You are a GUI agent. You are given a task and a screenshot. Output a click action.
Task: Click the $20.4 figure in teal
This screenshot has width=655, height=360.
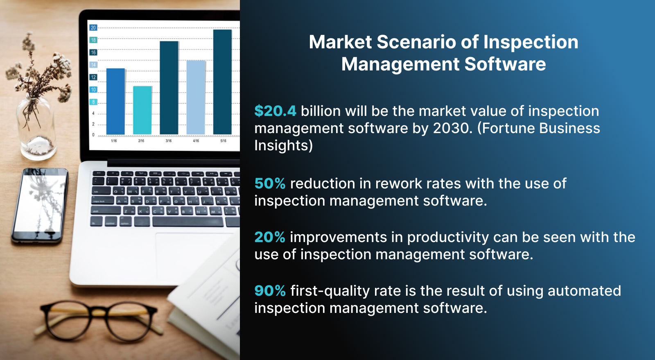pyautogui.click(x=275, y=111)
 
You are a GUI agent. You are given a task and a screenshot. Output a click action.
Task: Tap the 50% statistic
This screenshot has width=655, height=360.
pyautogui.click(x=270, y=183)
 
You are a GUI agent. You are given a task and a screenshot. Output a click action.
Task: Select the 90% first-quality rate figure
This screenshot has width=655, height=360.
pyautogui.click(x=270, y=291)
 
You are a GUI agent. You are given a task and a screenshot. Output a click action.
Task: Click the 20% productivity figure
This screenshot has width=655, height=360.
pyautogui.click(x=270, y=237)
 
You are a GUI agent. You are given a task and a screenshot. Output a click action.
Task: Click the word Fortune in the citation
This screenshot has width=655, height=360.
pyautogui.click(x=509, y=128)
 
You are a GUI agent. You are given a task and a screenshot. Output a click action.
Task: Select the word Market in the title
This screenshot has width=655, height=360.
pyautogui.click(x=340, y=42)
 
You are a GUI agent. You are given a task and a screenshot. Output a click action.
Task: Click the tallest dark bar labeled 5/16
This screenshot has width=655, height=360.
pyautogui.click(x=222, y=82)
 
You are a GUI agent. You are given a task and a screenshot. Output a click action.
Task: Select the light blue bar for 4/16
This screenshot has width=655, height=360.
pyautogui.click(x=196, y=97)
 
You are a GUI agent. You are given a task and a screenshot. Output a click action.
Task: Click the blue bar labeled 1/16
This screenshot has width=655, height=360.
pyautogui.click(x=115, y=101)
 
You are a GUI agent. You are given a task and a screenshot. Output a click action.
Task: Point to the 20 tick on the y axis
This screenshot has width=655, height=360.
pyautogui.click(x=93, y=28)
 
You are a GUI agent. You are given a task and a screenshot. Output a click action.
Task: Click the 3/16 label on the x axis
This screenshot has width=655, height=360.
pyautogui.click(x=168, y=141)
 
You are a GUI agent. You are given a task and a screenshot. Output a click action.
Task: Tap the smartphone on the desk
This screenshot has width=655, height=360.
pyautogui.click(x=40, y=205)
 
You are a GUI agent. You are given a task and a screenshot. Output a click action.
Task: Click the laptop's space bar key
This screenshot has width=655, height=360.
pyautogui.click(x=187, y=222)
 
